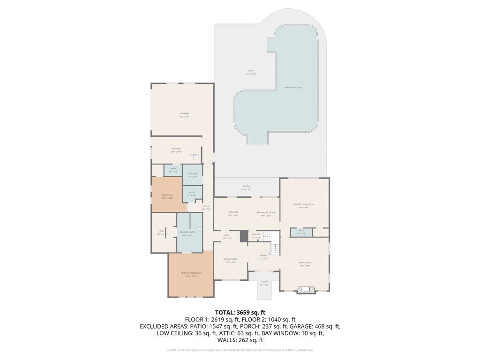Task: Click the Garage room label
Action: (x=185, y=114)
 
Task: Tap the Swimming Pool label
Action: (x=293, y=88)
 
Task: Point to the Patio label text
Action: (x=252, y=71)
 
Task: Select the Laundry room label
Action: (x=192, y=174)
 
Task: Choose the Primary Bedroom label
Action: (x=191, y=273)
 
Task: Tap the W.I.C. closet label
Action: (x=161, y=231)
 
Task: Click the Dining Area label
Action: (x=230, y=259)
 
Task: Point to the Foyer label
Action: (x=263, y=256)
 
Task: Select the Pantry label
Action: (x=256, y=234)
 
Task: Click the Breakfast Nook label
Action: (x=266, y=213)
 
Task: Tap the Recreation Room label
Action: (x=304, y=204)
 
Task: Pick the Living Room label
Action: (x=305, y=263)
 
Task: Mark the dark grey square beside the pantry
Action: (x=243, y=237)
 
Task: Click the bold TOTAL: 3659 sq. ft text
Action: (x=240, y=312)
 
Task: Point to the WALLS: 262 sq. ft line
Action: (x=240, y=340)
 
